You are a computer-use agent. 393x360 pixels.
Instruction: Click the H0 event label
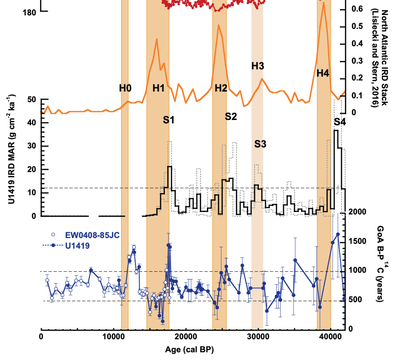pyautogui.click(x=125, y=88)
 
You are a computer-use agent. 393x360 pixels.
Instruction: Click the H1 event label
pyautogui.click(x=159, y=88)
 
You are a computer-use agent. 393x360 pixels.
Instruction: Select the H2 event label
pyautogui.click(x=221, y=88)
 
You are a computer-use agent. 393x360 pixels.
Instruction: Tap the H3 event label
pyautogui.click(x=258, y=65)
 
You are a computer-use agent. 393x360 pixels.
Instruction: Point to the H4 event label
pyautogui.click(x=323, y=73)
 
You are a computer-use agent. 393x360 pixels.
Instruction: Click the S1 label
pyautogui.click(x=169, y=120)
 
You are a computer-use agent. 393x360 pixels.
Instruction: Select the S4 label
pyautogui.click(x=339, y=122)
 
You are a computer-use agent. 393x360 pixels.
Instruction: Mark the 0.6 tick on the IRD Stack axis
pyautogui.click(x=357, y=9)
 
